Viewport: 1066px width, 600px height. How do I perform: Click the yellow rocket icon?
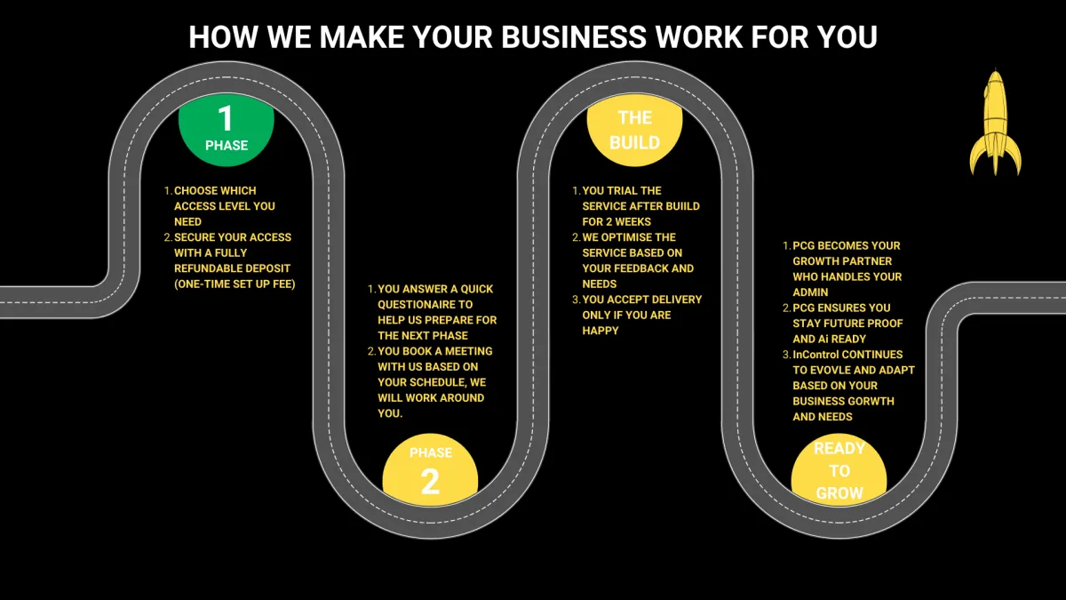pyautogui.click(x=995, y=124)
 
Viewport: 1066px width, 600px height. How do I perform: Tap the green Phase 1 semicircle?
pyautogui.click(x=226, y=133)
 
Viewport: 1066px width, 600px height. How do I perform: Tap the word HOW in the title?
pyautogui.click(x=217, y=37)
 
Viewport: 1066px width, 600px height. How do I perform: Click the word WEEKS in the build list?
pyautogui.click(x=631, y=221)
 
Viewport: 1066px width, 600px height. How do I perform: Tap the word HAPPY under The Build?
pyautogui.click(x=601, y=331)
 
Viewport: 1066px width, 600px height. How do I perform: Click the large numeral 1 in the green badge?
pyautogui.click(x=226, y=118)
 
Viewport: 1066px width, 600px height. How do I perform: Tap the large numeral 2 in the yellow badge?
pyautogui.click(x=430, y=482)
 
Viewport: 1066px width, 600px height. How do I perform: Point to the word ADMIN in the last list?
pyautogui.click(x=810, y=292)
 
